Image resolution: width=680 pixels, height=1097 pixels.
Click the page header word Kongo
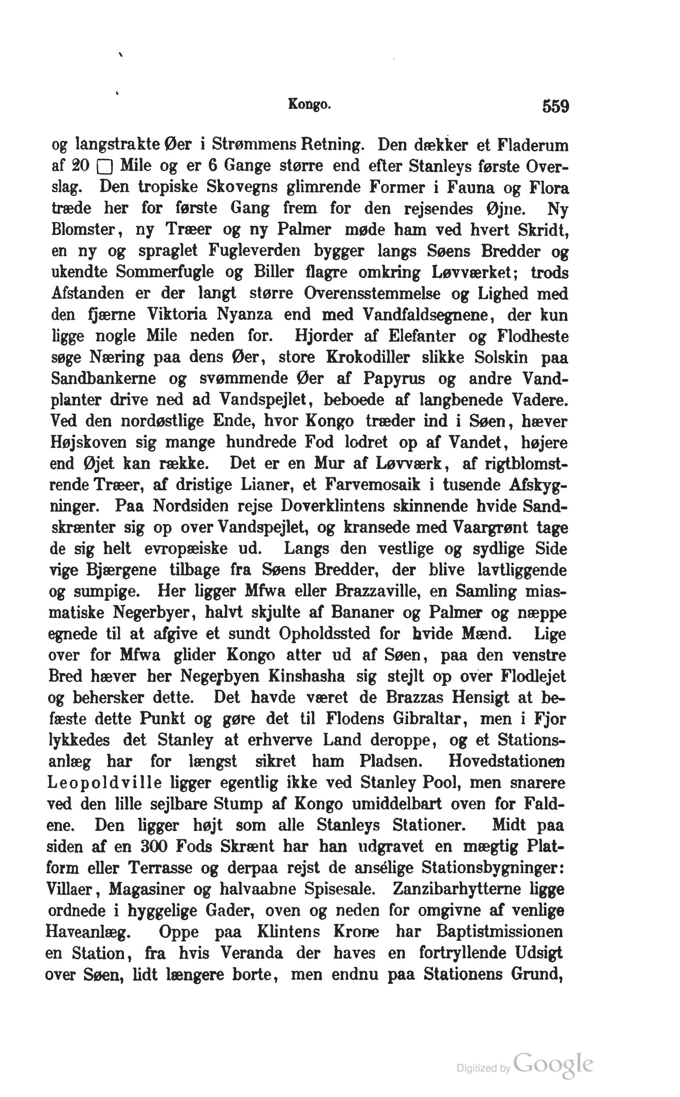point(310,105)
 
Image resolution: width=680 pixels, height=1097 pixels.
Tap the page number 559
point(555,106)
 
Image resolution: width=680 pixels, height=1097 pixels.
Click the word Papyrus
point(394,379)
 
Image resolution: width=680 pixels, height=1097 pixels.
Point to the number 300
point(154,847)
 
